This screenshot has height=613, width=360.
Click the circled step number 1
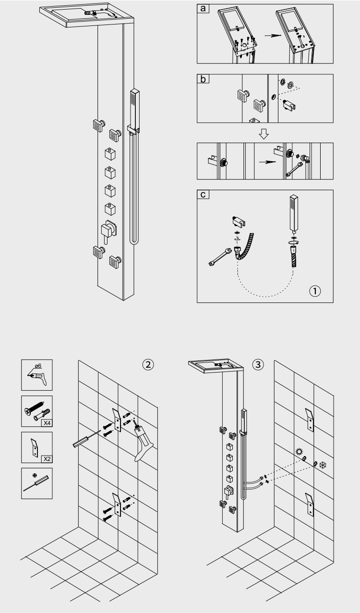tap(315, 291)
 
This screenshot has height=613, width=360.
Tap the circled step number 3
tap(258, 364)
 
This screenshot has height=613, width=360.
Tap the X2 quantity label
tap(46, 458)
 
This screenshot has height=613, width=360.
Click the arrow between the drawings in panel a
tap(265, 36)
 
